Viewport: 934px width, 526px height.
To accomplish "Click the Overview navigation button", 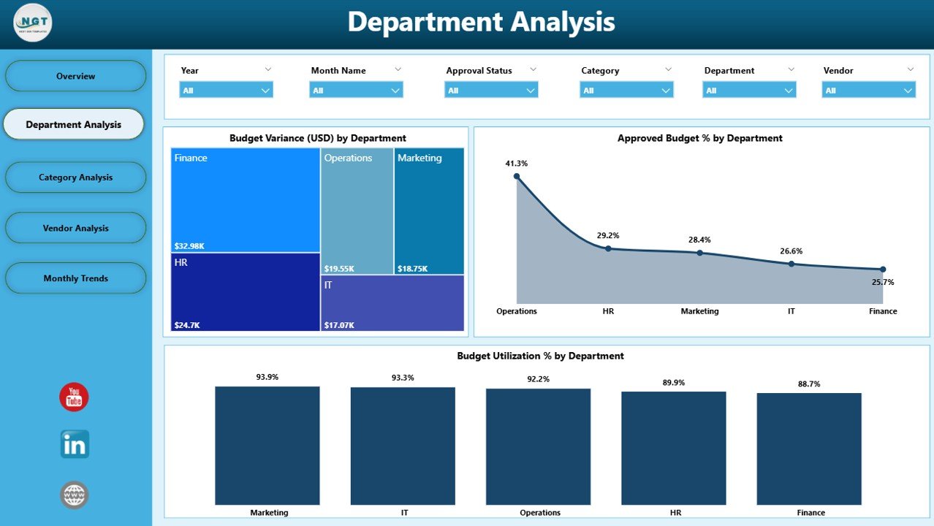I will [x=76, y=76].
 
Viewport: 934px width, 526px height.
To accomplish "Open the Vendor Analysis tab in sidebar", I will [x=76, y=228].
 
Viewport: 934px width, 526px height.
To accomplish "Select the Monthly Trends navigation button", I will [x=76, y=278].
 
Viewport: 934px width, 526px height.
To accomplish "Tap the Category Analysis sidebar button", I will [x=76, y=178].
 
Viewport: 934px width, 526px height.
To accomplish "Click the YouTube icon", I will [x=74, y=397].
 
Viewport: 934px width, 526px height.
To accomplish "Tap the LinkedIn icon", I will [x=75, y=444].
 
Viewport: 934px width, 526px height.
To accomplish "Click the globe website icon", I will [x=75, y=495].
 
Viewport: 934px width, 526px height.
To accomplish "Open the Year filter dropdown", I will [x=226, y=91].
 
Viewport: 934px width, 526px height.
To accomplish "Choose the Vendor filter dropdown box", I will [x=868, y=91].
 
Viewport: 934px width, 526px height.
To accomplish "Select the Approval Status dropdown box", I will [x=491, y=91].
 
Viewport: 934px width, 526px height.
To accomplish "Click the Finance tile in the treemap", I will [x=246, y=199].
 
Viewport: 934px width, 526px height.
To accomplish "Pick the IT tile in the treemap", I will [x=392, y=302].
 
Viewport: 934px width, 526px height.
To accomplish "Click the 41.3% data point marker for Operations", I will [x=517, y=176].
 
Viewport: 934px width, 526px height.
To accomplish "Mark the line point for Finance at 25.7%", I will [x=883, y=270].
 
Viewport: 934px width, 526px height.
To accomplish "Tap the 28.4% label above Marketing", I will [x=699, y=240].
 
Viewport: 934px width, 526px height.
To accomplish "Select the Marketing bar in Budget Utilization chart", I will [x=267, y=445].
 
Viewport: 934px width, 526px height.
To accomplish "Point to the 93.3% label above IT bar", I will [x=403, y=378].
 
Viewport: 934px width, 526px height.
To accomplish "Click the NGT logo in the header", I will [x=33, y=23].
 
